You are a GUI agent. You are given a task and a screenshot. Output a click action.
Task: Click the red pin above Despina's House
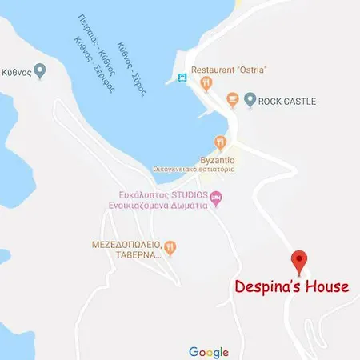pos(299,260)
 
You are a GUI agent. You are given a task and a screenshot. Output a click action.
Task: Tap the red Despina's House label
pos(292,286)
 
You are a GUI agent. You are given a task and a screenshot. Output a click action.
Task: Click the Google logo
pos(208,351)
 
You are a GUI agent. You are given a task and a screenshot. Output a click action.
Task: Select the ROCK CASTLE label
pos(287,101)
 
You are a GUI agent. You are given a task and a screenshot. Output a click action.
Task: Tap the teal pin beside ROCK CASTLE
pos(250,101)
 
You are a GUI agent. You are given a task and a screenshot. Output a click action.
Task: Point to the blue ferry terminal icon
pos(182,78)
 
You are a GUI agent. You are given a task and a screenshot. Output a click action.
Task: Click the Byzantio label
pos(216,158)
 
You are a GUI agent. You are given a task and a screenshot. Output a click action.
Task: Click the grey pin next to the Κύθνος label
pos(42,70)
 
